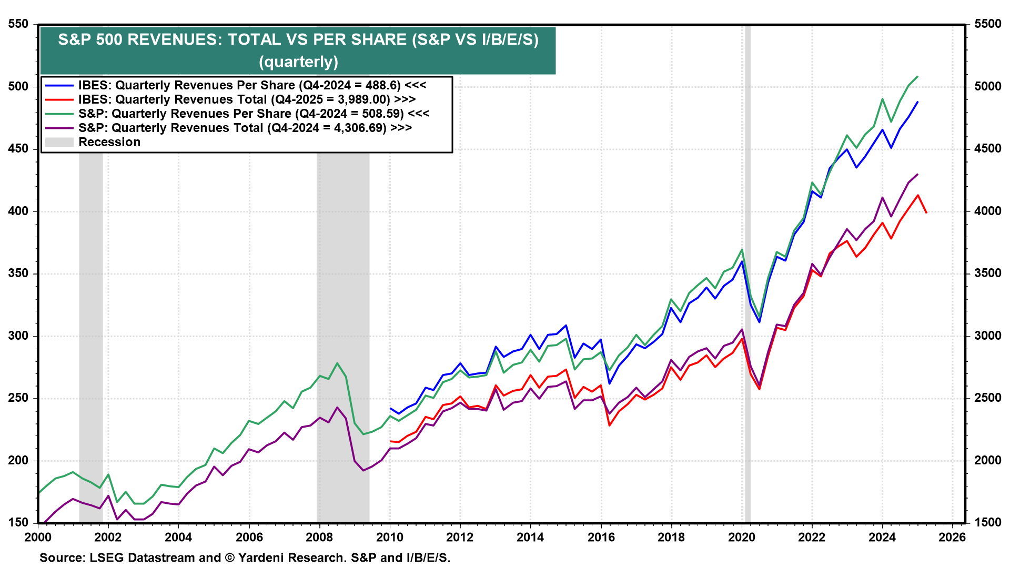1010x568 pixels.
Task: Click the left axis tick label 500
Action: (18, 86)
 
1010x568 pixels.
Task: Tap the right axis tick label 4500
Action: (987, 149)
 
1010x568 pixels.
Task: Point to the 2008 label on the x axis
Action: (319, 537)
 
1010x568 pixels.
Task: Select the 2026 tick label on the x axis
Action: (952, 537)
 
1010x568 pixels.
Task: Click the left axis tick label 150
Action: (18, 523)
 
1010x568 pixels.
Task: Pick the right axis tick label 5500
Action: (987, 24)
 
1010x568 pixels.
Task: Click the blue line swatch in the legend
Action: (59, 85)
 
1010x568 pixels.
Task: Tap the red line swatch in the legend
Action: (59, 99)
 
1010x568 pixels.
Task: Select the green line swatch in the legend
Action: (59, 114)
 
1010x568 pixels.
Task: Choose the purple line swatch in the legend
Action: (59, 128)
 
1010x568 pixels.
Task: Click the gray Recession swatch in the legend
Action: (59, 142)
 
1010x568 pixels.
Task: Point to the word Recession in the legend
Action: (109, 142)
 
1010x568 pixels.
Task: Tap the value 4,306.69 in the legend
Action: (360, 128)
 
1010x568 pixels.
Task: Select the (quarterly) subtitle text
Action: (298, 62)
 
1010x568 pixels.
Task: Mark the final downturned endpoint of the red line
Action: (926, 212)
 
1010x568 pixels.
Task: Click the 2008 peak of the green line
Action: (337, 363)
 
